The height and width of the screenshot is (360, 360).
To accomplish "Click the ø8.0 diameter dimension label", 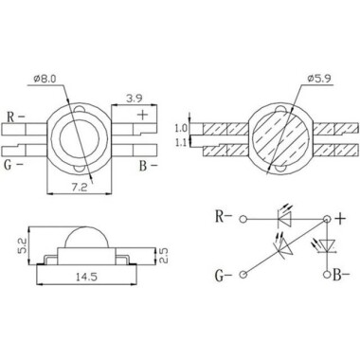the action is [x=45, y=79].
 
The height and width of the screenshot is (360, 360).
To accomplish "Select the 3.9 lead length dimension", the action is [x=135, y=99].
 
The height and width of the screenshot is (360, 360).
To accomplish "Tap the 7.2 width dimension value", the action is [x=79, y=188].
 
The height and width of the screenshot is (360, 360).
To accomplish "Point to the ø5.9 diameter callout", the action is [x=319, y=79].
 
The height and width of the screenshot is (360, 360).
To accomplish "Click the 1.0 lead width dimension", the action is [x=181, y=128].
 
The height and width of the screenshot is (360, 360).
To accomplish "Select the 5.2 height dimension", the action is [x=23, y=245].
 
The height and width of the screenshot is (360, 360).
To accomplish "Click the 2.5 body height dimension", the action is [x=164, y=256].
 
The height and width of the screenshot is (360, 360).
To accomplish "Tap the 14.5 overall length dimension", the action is [x=87, y=277].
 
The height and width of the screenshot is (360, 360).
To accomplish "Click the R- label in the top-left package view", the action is [x=16, y=117].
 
